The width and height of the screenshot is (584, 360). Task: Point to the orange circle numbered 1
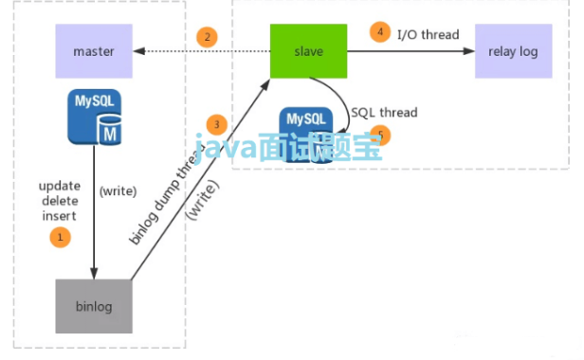pyautogui.click(x=60, y=238)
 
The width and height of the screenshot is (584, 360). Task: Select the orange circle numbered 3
pyautogui.click(x=218, y=125)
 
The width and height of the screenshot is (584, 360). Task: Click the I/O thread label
pyautogui.click(x=429, y=35)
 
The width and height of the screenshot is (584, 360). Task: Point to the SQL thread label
pyautogui.click(x=384, y=113)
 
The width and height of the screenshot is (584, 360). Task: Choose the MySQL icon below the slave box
pyautogui.click(x=309, y=131)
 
